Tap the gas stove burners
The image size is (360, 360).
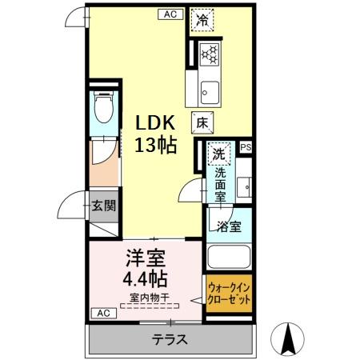point(210,54)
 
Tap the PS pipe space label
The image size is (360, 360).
point(245,147)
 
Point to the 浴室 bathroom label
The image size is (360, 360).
point(229,226)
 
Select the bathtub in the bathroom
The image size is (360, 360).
point(229,257)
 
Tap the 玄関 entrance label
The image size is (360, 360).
point(102,206)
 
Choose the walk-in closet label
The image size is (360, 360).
point(230,294)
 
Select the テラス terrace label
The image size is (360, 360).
point(170,339)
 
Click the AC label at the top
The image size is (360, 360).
point(170,14)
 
